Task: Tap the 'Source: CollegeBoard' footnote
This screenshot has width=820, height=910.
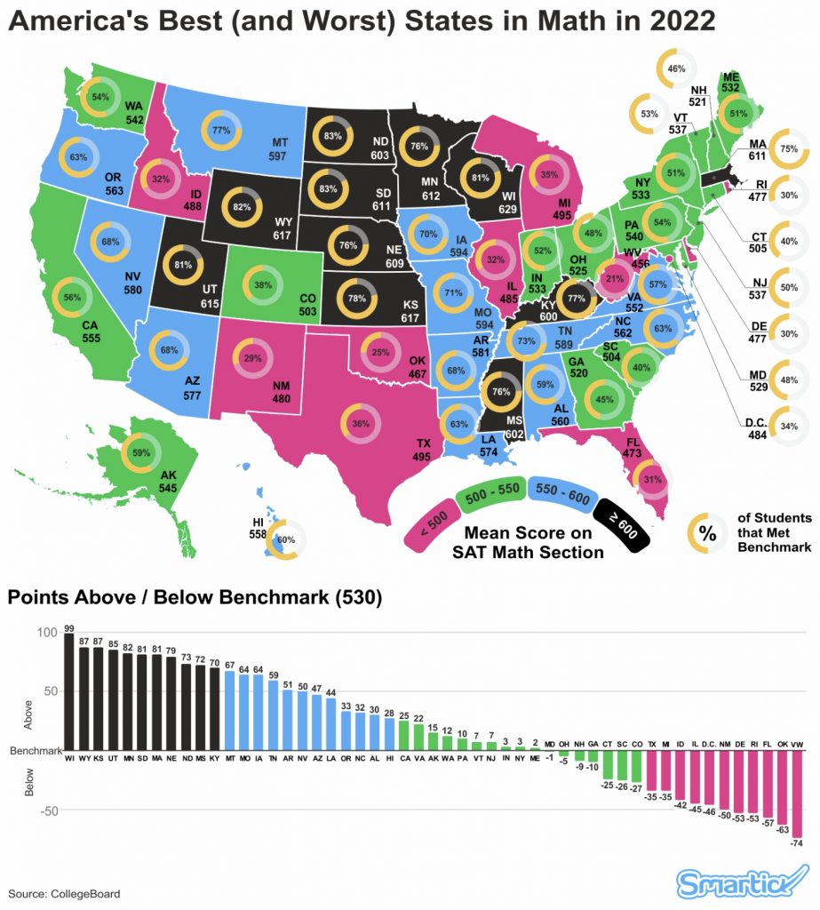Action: (x=64, y=893)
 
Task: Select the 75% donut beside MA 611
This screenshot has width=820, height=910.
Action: (x=787, y=149)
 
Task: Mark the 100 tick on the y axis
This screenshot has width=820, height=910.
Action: (x=46, y=633)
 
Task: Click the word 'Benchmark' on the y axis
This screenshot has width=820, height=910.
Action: (x=34, y=751)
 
